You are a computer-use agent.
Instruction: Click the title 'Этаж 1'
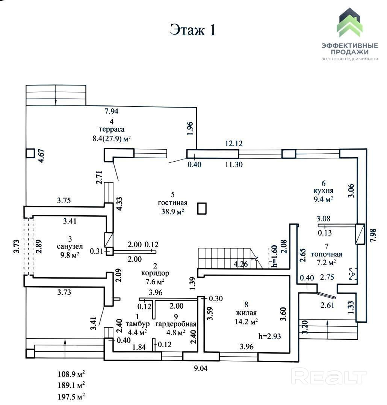193,30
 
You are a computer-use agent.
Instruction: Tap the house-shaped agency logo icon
349,23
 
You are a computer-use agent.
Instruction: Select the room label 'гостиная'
172,203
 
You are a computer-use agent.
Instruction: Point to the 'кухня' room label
324,191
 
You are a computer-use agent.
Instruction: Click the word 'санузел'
70,247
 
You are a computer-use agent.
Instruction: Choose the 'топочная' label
326,254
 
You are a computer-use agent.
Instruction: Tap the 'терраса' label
112,129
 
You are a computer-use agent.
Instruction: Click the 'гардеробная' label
176,324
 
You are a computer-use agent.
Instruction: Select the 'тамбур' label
138,324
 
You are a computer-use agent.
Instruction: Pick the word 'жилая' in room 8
246,313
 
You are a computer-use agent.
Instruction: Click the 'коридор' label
155,273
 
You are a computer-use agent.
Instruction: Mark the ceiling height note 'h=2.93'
269,336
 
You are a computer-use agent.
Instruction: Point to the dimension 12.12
234,143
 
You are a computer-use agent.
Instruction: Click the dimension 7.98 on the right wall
373,235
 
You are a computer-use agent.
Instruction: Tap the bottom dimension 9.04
201,368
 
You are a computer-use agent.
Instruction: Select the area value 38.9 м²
172,211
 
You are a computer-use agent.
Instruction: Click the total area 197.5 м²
71,396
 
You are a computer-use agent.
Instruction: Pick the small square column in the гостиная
202,208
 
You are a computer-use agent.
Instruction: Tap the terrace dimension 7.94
111,111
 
